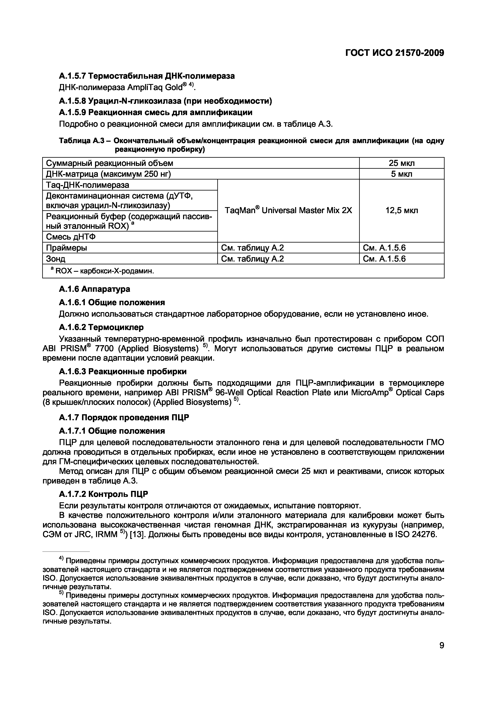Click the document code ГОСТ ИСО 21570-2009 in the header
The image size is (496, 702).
pyautogui.click(x=394, y=53)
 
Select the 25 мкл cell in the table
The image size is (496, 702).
pyautogui.click(x=401, y=163)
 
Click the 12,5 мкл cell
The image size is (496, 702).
pyautogui.click(x=401, y=210)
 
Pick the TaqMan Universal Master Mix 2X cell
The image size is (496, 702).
pyautogui.click(x=288, y=210)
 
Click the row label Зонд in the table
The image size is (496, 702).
pyautogui.click(x=56, y=259)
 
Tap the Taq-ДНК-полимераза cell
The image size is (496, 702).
pyautogui.click(x=87, y=185)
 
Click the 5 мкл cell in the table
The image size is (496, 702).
pyautogui.click(x=401, y=174)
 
